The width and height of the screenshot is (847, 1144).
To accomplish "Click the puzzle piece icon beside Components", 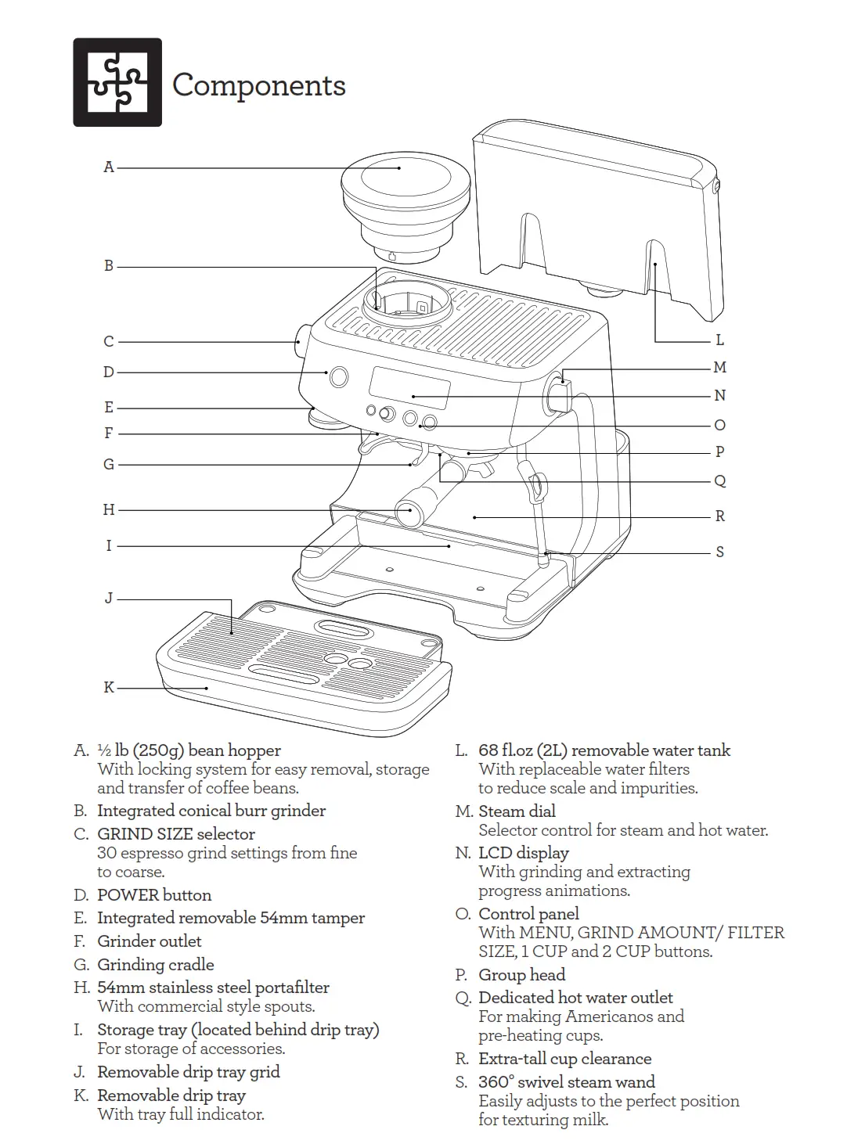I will click(x=117, y=82).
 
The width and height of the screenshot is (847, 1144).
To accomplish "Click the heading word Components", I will click(x=258, y=85).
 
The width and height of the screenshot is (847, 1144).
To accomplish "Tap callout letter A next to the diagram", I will click(x=109, y=167).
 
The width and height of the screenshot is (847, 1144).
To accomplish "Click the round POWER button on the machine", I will click(x=339, y=377).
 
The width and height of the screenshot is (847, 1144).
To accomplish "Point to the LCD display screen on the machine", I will click(x=410, y=387).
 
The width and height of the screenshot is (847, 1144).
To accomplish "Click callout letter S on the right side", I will click(x=719, y=552).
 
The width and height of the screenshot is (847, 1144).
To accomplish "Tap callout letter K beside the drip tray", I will click(x=109, y=687).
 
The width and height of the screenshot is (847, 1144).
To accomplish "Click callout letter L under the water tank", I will click(x=719, y=340).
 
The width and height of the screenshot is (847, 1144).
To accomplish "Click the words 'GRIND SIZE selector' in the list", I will click(x=176, y=834).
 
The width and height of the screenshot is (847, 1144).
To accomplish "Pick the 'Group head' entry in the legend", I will click(x=521, y=975).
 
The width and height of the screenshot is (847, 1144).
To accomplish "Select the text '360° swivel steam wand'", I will click(x=567, y=1082).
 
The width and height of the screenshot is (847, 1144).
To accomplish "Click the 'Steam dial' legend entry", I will click(x=517, y=811).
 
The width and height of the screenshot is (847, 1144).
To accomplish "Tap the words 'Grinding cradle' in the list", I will click(x=155, y=965).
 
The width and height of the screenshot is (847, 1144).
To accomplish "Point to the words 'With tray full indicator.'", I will click(x=181, y=1114).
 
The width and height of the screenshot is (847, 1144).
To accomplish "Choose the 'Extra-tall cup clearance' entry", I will click(x=564, y=1059).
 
